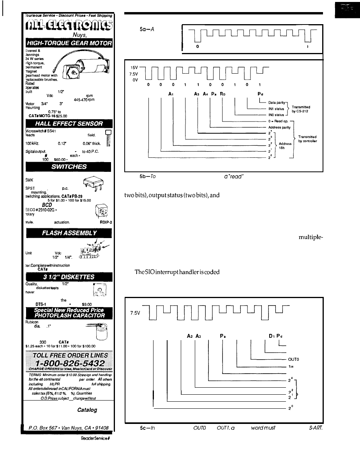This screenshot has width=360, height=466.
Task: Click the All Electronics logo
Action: [x=67, y=27]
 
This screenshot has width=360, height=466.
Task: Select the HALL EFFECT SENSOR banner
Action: [x=67, y=124]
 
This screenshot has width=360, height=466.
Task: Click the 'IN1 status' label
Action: [x=276, y=109]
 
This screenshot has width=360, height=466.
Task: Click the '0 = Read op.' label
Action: [x=279, y=121]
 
